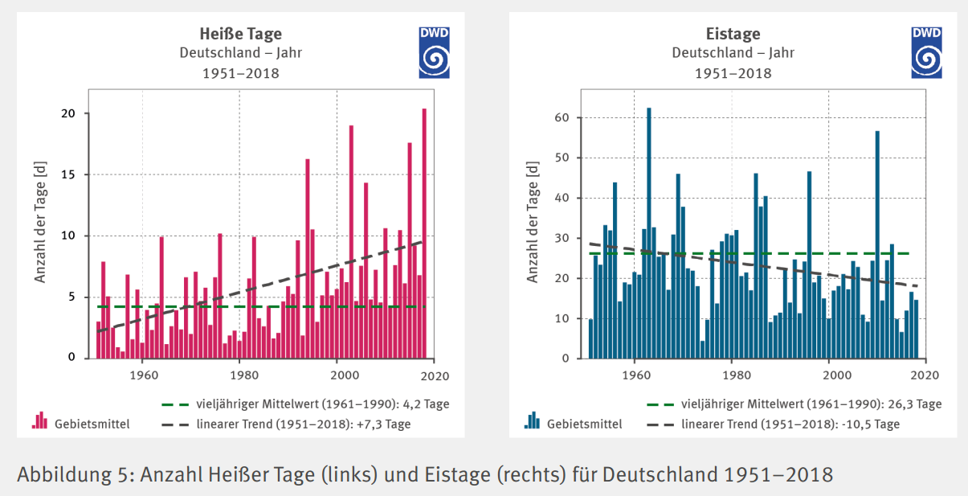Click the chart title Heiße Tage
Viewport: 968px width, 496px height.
[240, 34]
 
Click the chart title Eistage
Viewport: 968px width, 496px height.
[733, 34]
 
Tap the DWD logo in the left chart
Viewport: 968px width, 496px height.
[434, 52]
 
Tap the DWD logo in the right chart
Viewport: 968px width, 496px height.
[926, 52]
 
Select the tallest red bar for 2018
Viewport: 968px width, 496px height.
[424, 233]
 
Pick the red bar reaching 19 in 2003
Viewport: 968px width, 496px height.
[351, 241]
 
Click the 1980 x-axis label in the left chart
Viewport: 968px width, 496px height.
[240, 375]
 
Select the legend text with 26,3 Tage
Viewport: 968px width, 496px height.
[811, 404]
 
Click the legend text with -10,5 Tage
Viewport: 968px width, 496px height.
[790, 424]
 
